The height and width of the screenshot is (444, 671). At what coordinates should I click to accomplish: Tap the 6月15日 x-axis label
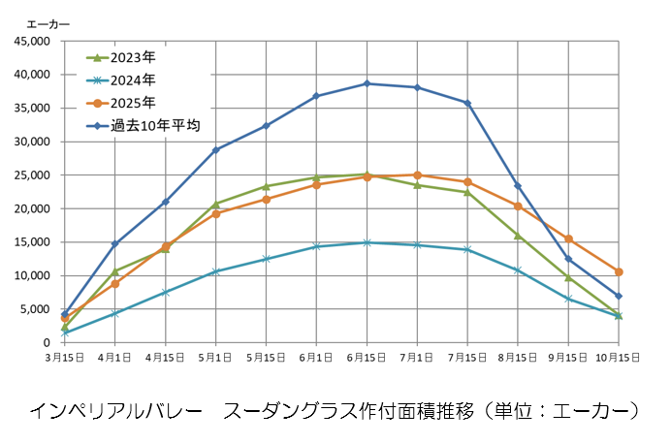tap(367, 357)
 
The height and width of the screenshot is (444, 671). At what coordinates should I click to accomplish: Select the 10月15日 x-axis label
tap(618, 357)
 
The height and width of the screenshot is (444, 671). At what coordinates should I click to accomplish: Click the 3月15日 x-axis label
tap(65, 357)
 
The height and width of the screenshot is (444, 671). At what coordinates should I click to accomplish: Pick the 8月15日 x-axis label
tap(518, 357)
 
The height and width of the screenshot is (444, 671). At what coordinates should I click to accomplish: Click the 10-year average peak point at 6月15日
tap(367, 83)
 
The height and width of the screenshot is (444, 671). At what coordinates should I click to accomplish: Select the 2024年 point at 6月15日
tap(367, 242)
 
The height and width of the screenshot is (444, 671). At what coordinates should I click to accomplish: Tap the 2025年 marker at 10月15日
tap(619, 271)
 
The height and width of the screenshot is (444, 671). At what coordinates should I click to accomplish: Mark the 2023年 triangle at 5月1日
tap(215, 204)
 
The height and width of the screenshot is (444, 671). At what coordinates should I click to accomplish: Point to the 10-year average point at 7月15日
tap(467, 103)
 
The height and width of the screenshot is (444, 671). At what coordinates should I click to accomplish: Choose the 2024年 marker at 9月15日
tap(568, 299)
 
